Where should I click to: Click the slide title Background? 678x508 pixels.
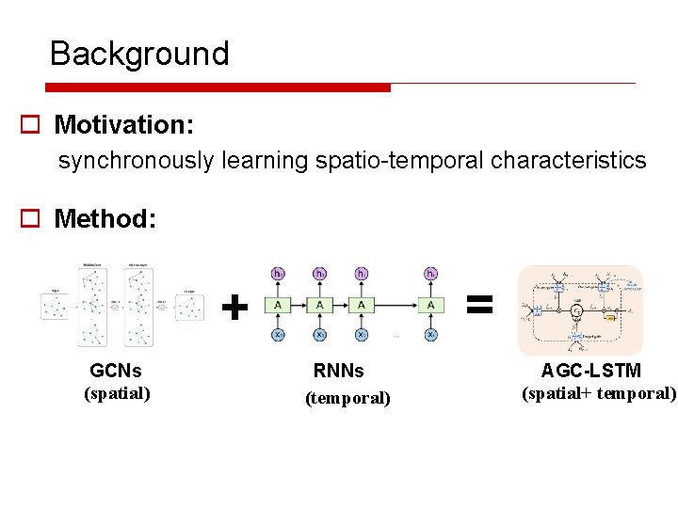click(139, 54)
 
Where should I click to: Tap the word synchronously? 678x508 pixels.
click(136, 161)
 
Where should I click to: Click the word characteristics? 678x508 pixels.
click(569, 161)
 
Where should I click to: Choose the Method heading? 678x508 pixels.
click(105, 219)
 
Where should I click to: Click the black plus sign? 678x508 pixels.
click(234, 306)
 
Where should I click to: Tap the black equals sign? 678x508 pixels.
click(479, 303)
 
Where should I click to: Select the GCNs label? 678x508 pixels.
click(116, 371)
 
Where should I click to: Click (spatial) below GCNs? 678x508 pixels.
click(118, 392)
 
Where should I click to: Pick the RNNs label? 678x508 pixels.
click(338, 371)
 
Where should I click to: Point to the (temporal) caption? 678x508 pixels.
click(347, 398)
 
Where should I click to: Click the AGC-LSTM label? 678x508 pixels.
click(590, 371)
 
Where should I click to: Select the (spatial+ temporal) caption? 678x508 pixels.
click(599, 392)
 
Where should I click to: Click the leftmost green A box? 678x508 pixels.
click(279, 305)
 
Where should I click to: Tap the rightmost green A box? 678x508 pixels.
click(430, 305)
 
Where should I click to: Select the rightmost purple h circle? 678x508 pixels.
click(430, 274)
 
